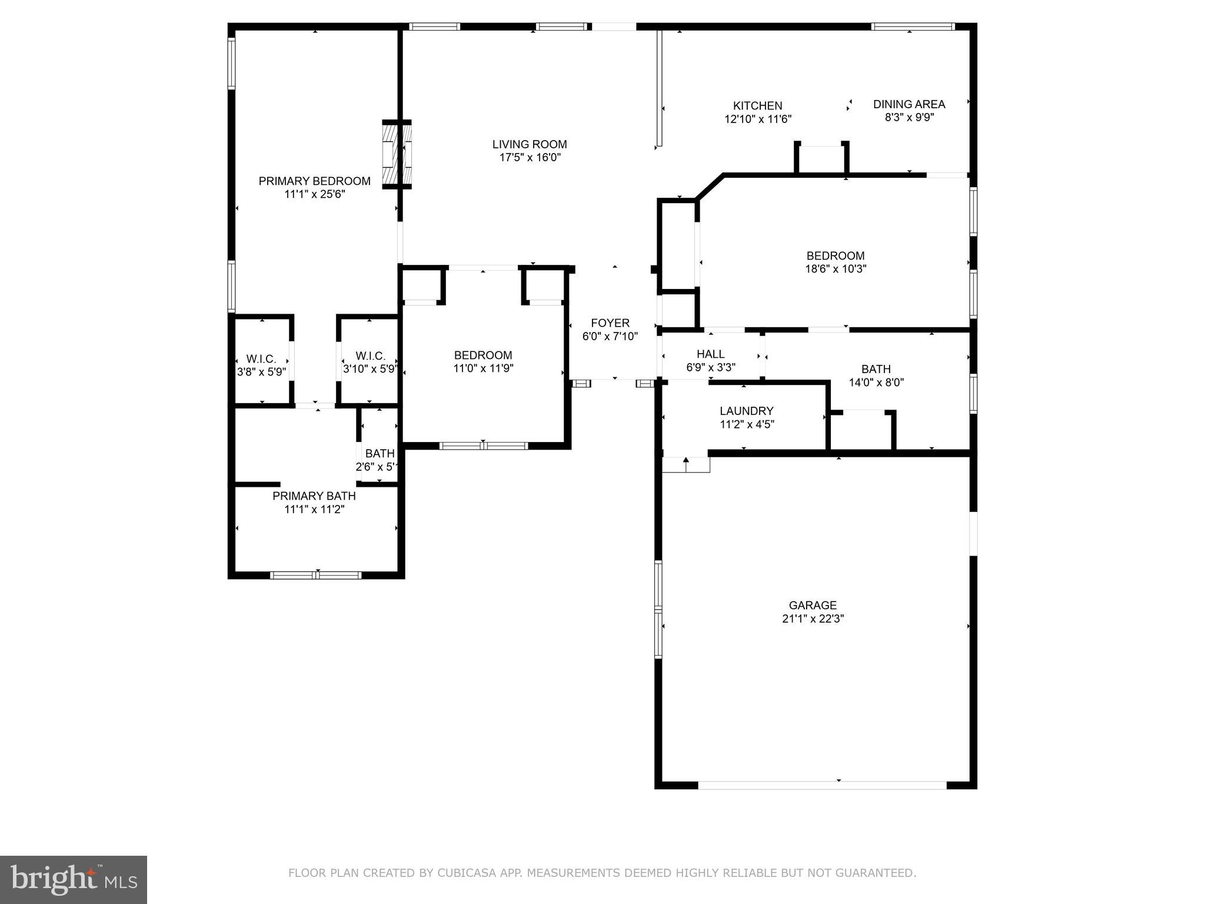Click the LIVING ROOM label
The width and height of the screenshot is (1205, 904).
click(x=530, y=144)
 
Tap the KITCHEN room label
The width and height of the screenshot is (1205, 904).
click(x=757, y=106)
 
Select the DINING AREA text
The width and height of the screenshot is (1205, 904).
click(x=908, y=104)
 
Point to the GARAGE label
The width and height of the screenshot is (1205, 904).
click(x=813, y=605)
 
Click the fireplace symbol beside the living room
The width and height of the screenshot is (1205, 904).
click(x=397, y=154)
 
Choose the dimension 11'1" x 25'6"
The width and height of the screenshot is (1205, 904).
click(x=314, y=194)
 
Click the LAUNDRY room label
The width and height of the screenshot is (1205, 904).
click(x=746, y=411)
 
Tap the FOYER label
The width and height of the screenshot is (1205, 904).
click(x=610, y=323)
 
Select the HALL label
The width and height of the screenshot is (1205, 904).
click(x=710, y=354)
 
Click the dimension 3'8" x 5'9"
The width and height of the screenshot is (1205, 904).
click(x=261, y=372)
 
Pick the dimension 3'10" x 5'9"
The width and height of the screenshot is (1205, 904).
click(x=371, y=369)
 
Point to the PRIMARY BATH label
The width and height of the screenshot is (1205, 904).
click(x=314, y=496)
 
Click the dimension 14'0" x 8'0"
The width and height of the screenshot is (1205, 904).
click(x=876, y=383)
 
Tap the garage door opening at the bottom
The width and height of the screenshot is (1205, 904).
click(x=821, y=785)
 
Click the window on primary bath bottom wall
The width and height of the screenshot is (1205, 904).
click(x=316, y=575)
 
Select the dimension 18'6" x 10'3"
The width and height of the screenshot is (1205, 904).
click(x=835, y=269)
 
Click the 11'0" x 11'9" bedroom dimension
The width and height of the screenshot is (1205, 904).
click(x=483, y=368)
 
